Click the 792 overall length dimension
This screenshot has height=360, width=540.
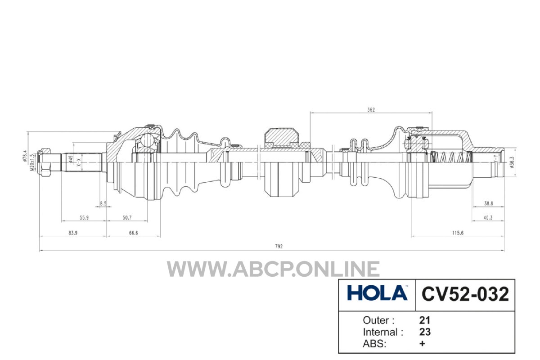click(279, 247)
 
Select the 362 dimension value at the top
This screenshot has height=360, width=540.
click(371, 110)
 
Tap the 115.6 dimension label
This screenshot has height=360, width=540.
click(458, 233)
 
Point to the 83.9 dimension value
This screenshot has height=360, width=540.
click(73, 233)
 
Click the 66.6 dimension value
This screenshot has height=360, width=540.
click(133, 233)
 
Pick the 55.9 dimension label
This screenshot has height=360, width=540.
click(84, 218)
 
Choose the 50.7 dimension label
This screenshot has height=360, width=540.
click(127, 218)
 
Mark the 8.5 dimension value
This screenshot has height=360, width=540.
click(103, 203)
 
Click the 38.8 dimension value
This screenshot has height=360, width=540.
click(489, 203)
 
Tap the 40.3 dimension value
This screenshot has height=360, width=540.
click(488, 218)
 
